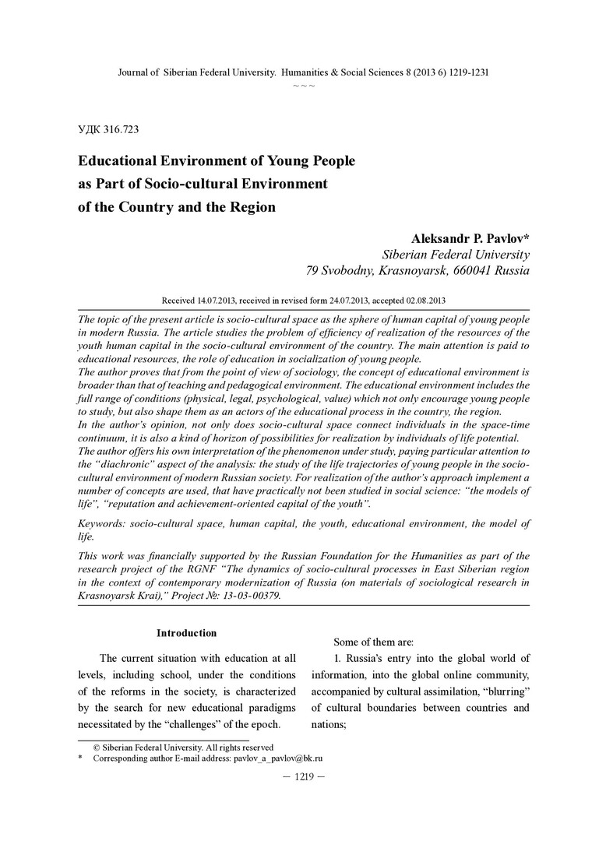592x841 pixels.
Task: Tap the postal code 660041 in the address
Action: (469, 271)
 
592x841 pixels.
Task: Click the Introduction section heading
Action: (186, 633)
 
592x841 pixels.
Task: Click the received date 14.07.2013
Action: (221, 300)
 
